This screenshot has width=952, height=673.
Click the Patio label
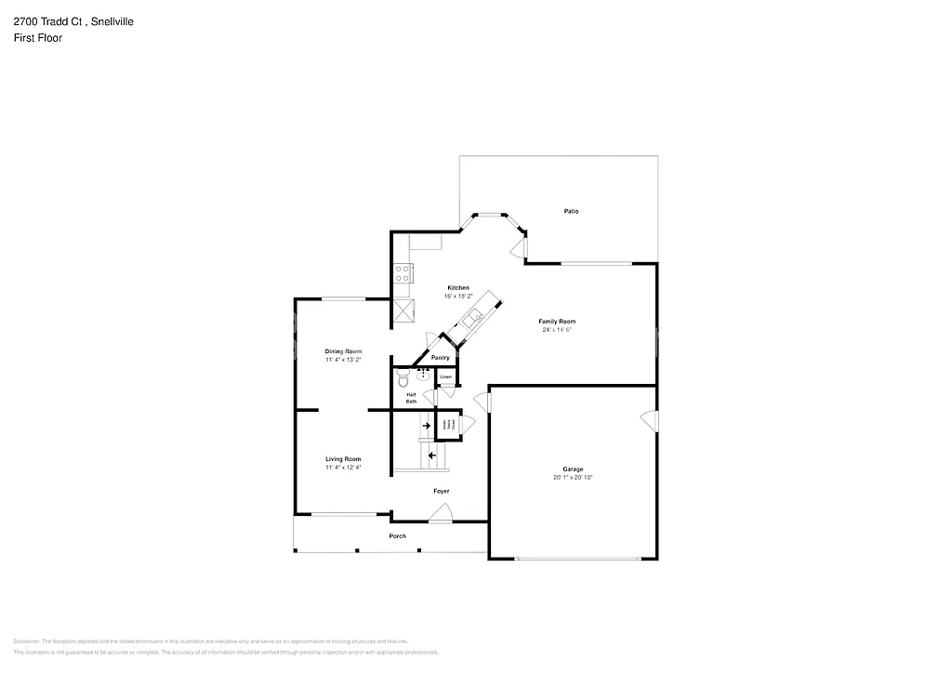[x=571, y=212]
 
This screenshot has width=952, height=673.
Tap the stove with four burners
[x=403, y=273]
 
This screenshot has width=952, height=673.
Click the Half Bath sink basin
[x=424, y=375]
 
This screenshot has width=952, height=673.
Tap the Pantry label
[x=441, y=358]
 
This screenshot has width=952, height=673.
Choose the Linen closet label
[x=446, y=377]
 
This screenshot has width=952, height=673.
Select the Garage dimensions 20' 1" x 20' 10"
[x=572, y=477]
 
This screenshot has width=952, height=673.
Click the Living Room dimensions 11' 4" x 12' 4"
[x=343, y=468]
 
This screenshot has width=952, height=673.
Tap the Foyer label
[x=442, y=491]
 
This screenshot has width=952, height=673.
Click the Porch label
[x=397, y=536]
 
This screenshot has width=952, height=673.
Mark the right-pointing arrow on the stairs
[x=427, y=426]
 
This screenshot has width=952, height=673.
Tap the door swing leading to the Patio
[x=517, y=246]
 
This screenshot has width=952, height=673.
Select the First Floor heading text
[x=38, y=38]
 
